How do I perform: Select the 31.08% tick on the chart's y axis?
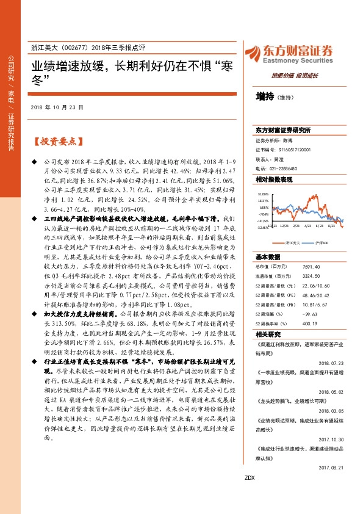[263, 193]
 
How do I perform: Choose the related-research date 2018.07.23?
[332, 362]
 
